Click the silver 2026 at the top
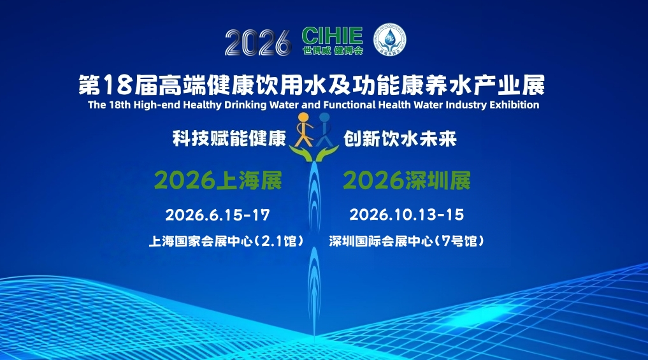[257, 42]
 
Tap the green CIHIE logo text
[332, 36]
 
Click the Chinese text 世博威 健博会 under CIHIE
[332, 50]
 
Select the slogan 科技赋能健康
[229, 139]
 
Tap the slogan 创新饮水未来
[400, 139]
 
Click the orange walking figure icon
[304, 127]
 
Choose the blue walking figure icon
[324, 127]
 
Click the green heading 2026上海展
[217, 181]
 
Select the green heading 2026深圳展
[407, 181]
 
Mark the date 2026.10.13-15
[407, 215]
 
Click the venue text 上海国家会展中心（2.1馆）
[225, 242]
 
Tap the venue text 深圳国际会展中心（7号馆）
[407, 242]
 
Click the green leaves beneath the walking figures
[313, 152]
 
